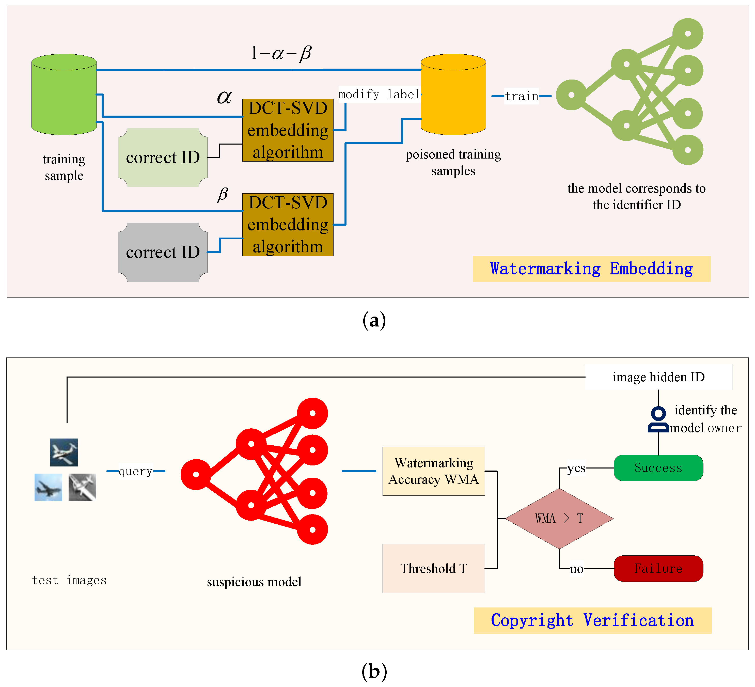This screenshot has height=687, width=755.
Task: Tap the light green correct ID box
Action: pyautogui.click(x=163, y=157)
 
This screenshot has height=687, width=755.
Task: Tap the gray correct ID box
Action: pyautogui.click(x=163, y=252)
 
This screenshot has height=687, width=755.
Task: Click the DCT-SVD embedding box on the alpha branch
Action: pyautogui.click(x=288, y=130)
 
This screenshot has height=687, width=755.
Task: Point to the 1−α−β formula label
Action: pyautogui.click(x=281, y=53)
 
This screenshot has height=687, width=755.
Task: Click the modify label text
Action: pyautogui.click(x=379, y=94)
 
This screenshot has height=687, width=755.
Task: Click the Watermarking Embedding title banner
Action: pyautogui.click(x=591, y=269)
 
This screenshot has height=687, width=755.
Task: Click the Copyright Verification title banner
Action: pyautogui.click(x=592, y=620)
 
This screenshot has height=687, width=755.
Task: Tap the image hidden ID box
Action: pyautogui.click(x=658, y=377)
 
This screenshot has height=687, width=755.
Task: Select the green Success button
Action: pyautogui.click(x=658, y=467)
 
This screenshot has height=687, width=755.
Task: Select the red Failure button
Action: pyautogui.click(x=658, y=568)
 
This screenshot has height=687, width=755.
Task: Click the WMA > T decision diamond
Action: pyautogui.click(x=559, y=519)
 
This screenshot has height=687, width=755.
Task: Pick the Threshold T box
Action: pyautogui.click(x=433, y=568)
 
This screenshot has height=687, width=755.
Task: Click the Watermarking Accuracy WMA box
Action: pyautogui.click(x=433, y=471)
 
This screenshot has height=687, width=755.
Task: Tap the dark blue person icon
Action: pyautogui.click(x=658, y=419)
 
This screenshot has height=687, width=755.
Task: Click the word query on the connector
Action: pyautogui.click(x=136, y=471)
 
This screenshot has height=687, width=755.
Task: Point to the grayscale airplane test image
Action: pyautogui.click(x=82, y=487)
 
